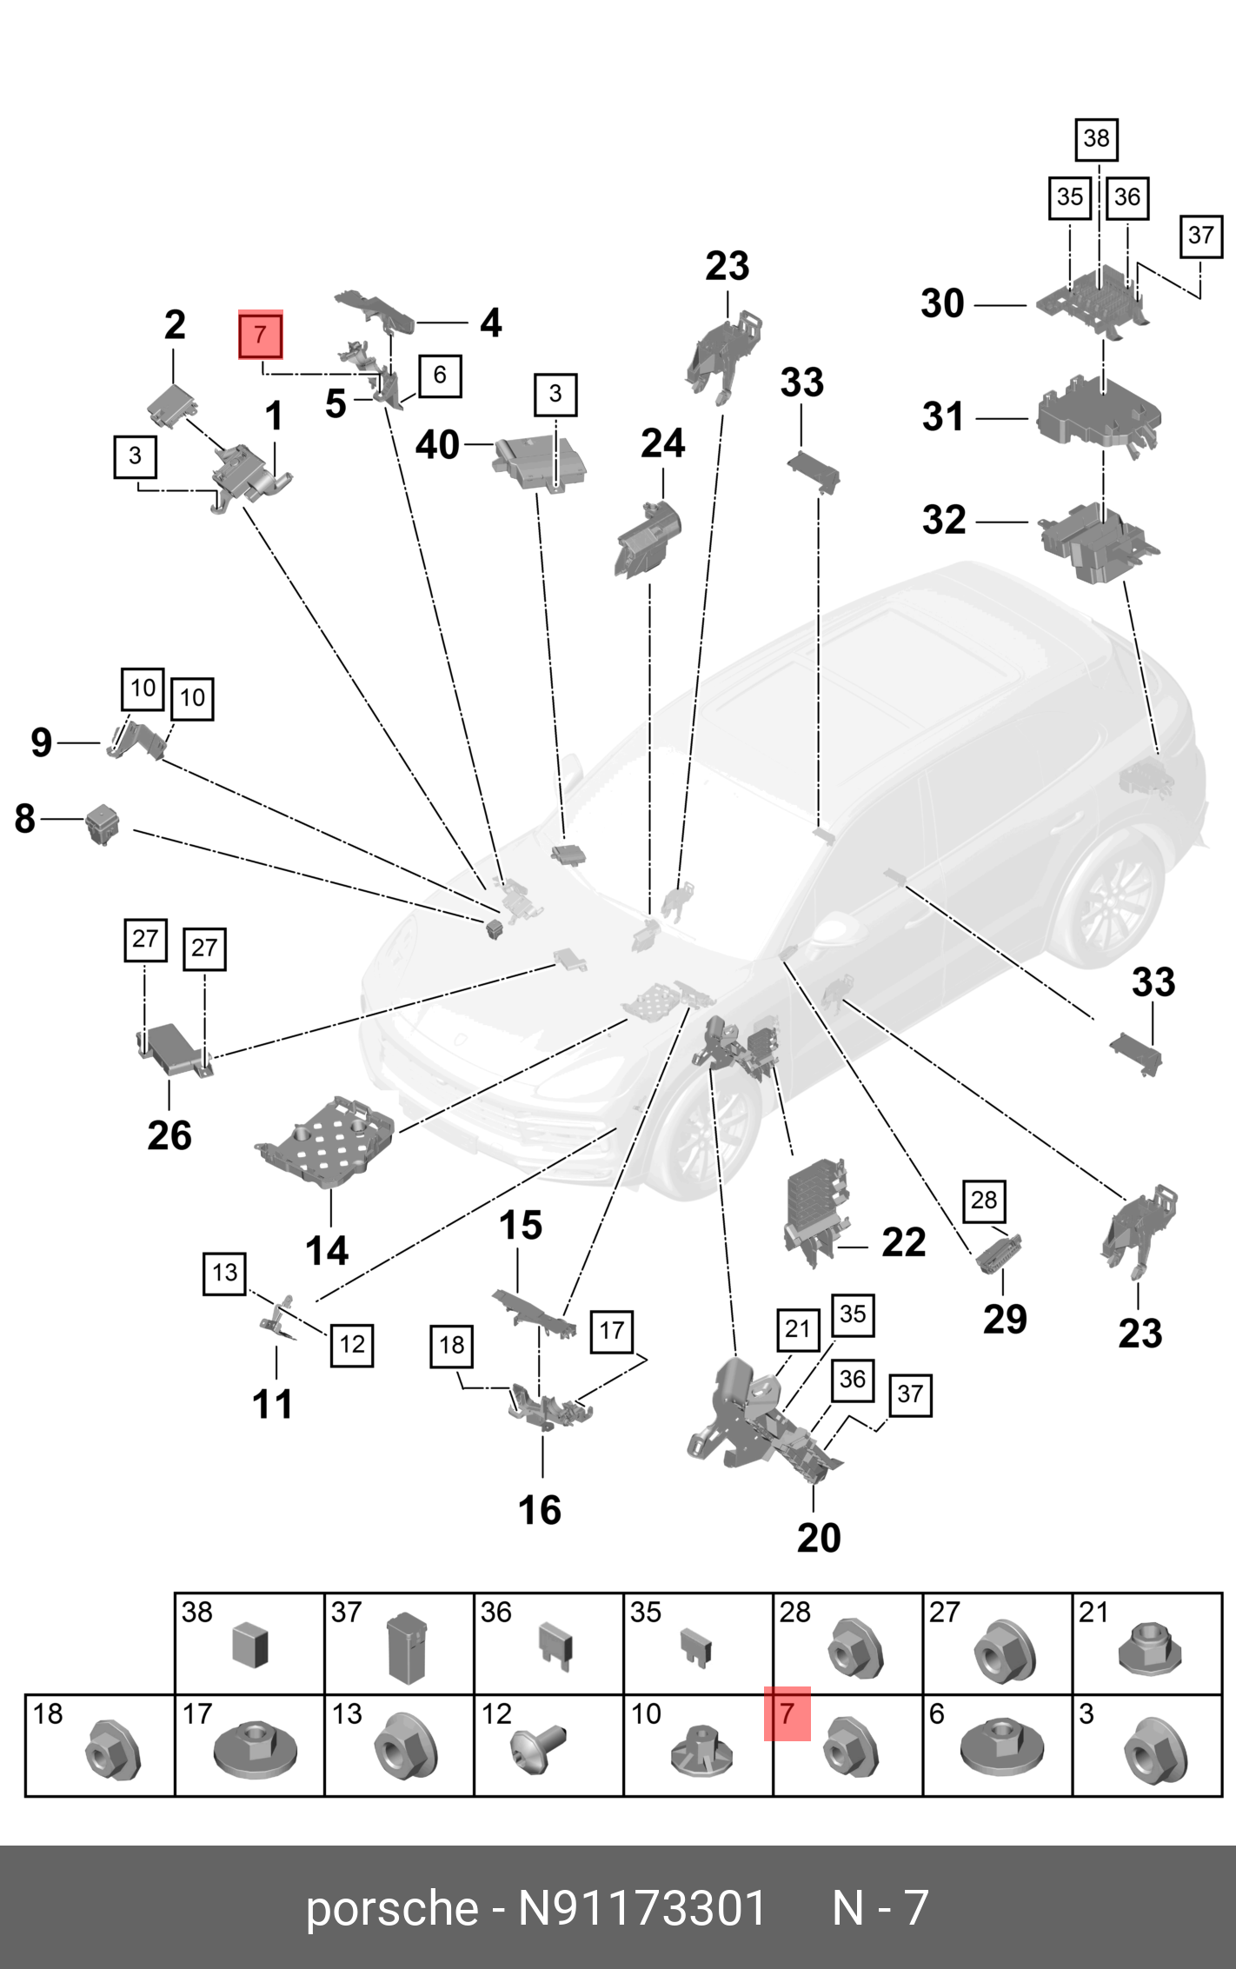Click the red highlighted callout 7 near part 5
261,335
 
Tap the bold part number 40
437,445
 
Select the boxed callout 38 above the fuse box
1096,139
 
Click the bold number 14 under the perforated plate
327,1251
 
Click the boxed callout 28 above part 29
984,1201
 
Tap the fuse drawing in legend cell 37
405,1647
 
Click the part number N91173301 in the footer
641,1909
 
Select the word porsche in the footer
392,1909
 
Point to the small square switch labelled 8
103,823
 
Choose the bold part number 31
943,416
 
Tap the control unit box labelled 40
540,463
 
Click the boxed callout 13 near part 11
224,1274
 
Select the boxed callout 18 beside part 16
452,1346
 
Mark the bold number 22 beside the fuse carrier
904,1242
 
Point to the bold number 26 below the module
169,1135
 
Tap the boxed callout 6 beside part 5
440,376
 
